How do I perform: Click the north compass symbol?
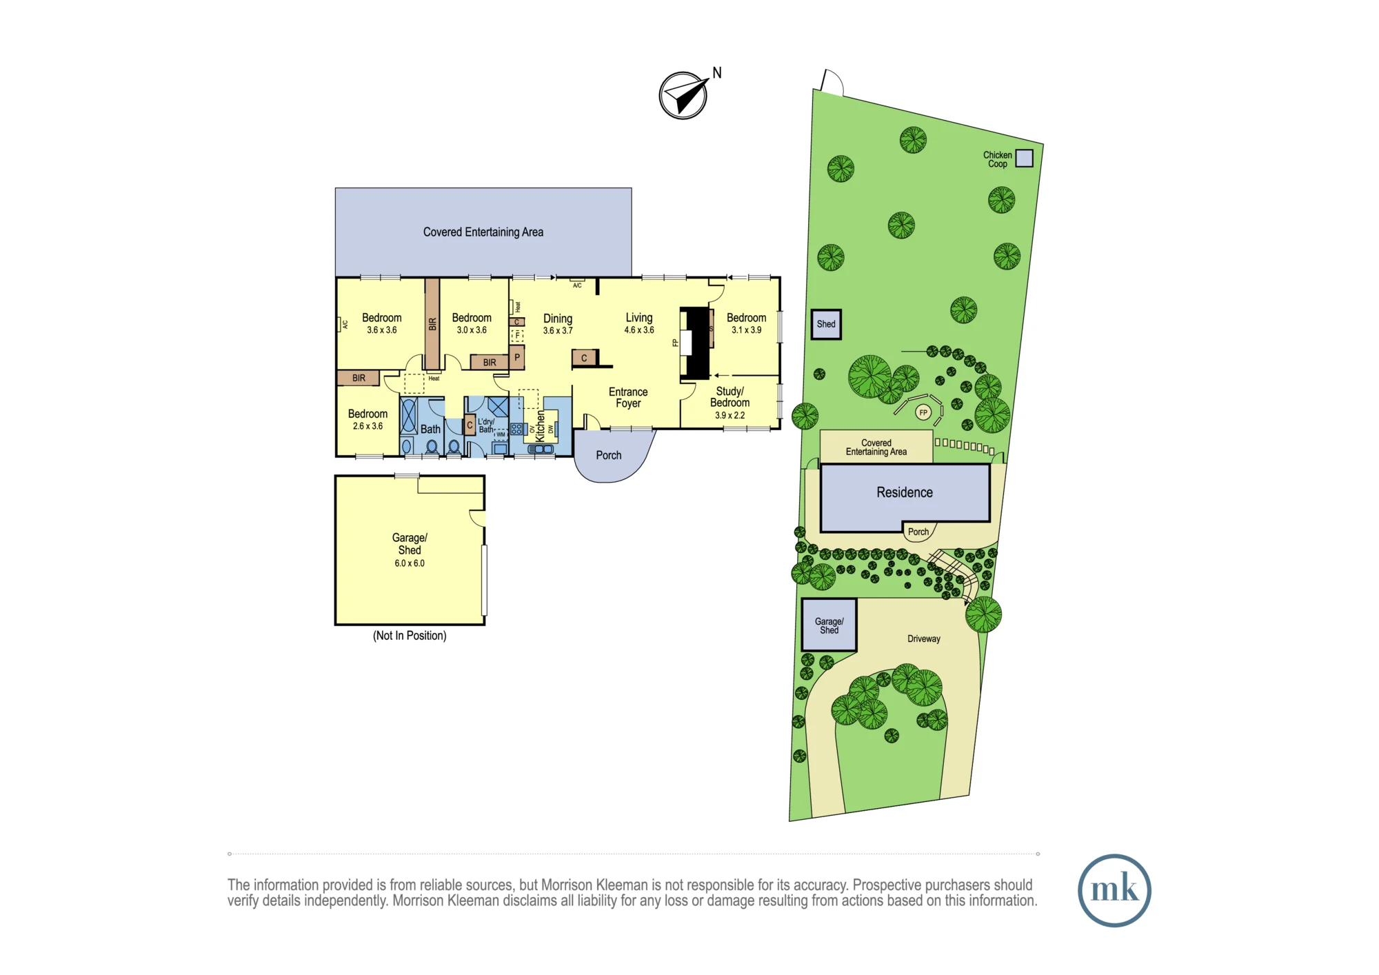click(x=683, y=96)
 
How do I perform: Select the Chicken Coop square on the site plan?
click(x=1025, y=159)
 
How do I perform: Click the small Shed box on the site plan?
click(x=826, y=324)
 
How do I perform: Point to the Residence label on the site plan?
click(x=905, y=492)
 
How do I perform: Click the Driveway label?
click(x=924, y=639)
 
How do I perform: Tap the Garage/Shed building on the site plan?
click(x=829, y=625)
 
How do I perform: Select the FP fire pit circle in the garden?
click(x=923, y=413)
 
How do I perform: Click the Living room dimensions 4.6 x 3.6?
click(x=639, y=330)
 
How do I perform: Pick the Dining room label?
click(x=558, y=319)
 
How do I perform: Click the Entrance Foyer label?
click(x=628, y=398)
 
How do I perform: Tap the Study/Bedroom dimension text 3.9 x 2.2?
click(x=729, y=416)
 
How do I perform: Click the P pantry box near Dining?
click(x=517, y=357)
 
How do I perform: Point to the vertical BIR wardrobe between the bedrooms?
click(x=432, y=323)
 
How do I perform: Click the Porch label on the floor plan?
click(x=609, y=455)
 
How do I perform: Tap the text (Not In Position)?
click(x=410, y=636)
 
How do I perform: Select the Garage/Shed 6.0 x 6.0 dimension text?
click(x=410, y=563)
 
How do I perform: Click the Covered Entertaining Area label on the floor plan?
click(x=483, y=232)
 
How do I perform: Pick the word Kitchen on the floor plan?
click(x=540, y=426)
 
